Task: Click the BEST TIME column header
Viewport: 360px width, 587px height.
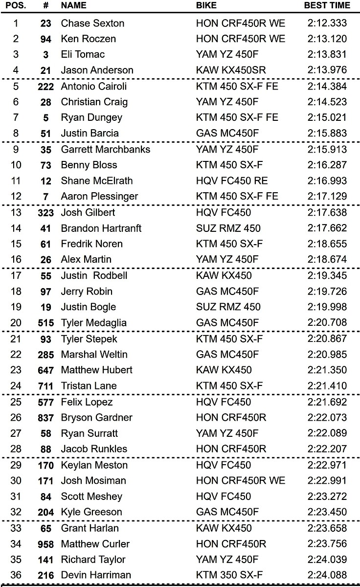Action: coord(327,6)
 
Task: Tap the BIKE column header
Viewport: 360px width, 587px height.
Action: coord(206,6)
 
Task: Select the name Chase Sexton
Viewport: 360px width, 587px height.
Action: coord(92,23)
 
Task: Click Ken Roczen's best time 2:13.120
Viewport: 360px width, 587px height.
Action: coord(327,39)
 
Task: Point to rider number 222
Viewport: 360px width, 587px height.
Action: coord(45,86)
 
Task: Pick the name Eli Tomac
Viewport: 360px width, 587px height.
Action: coord(83,54)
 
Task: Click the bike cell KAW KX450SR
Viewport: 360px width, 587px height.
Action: coord(231,70)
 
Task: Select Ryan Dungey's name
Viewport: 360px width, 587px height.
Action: coord(91,117)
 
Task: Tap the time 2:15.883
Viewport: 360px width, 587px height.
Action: coord(327,133)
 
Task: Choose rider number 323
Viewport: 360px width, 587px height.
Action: coord(45,212)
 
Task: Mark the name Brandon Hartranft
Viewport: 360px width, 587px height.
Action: coord(101,228)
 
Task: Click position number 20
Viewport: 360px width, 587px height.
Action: coord(16,322)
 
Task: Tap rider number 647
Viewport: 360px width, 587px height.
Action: coord(45,370)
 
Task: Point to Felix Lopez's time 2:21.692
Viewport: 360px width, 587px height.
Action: coord(327,402)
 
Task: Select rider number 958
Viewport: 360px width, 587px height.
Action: coord(45,543)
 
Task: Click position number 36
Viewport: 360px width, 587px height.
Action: coord(16,575)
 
